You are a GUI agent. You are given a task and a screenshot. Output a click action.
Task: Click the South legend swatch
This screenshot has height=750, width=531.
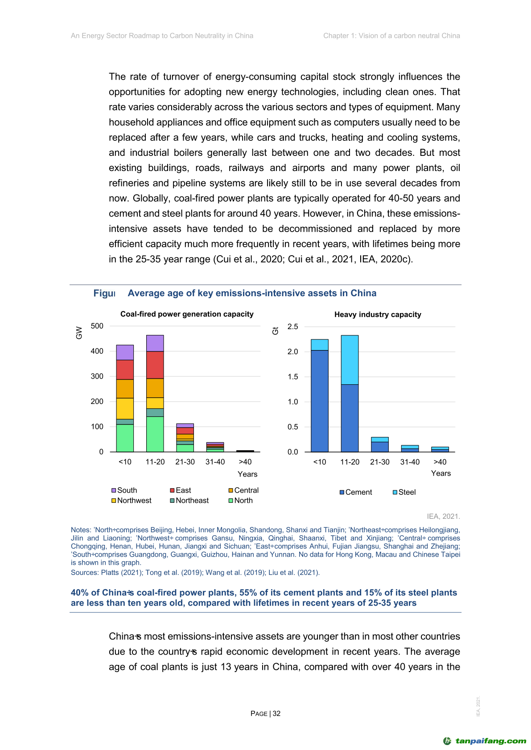tap(114, 490)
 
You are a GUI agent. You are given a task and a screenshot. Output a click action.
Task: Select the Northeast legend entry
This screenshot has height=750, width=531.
tap(189, 501)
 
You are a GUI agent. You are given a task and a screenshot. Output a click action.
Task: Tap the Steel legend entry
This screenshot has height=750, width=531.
tap(404, 492)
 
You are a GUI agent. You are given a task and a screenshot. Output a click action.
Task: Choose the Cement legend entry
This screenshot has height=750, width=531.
tap(355, 492)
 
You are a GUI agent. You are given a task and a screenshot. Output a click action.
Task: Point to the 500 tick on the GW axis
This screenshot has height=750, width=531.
tap(97, 326)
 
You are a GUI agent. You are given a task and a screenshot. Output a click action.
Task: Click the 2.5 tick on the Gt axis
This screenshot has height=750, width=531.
tap(292, 326)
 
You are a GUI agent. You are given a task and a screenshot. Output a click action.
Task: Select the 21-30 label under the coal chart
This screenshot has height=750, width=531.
tap(185, 462)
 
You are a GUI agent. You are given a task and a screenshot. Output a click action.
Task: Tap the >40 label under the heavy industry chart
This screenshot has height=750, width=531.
tap(440, 462)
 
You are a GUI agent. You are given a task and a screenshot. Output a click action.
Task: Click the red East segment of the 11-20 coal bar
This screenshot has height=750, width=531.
tap(155, 365)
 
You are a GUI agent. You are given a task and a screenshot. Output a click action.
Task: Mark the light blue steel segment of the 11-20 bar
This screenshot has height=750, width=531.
tap(350, 359)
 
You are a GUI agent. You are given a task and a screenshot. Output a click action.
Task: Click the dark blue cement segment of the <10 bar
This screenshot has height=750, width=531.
tap(320, 401)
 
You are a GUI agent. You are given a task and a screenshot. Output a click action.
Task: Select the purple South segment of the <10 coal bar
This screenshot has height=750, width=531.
tap(125, 352)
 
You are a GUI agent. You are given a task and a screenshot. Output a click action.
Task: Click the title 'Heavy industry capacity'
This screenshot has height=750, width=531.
tap(378, 314)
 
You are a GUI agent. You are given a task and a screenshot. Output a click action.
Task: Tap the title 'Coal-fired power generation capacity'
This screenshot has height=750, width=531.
tap(187, 314)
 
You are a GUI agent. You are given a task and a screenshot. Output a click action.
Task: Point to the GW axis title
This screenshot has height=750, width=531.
tap(79, 333)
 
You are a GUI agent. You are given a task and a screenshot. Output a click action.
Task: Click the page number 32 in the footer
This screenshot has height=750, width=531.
tap(276, 713)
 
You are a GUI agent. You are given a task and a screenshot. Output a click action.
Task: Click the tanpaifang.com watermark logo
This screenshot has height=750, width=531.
tap(485, 741)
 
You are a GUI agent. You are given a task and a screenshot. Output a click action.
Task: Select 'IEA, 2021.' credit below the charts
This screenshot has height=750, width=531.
tap(443, 516)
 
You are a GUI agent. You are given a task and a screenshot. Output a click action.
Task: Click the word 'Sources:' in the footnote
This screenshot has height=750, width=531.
tap(85, 572)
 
